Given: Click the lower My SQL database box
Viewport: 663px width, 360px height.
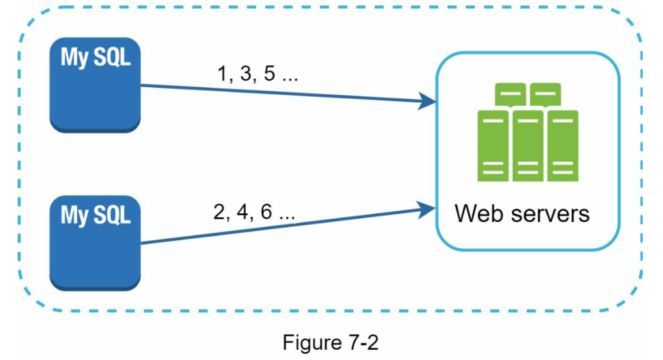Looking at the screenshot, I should coord(95,244).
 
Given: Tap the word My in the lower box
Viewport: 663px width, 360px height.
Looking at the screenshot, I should coord(74,215).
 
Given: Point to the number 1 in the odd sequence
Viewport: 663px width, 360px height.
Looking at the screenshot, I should coord(221,74).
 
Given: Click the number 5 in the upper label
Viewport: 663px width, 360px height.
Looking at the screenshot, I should coord(269,74).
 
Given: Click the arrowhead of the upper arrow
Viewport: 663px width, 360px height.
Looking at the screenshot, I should coord(426,102).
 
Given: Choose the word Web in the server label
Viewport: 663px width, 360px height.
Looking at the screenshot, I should coord(478,214).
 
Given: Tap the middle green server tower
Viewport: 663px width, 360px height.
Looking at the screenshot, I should coord(528,145).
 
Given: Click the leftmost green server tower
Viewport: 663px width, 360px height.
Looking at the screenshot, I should coord(494,145).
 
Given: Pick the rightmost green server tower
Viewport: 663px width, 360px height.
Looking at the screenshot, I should coord(562,145).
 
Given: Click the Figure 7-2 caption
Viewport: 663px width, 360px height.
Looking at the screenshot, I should coord(330,342).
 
